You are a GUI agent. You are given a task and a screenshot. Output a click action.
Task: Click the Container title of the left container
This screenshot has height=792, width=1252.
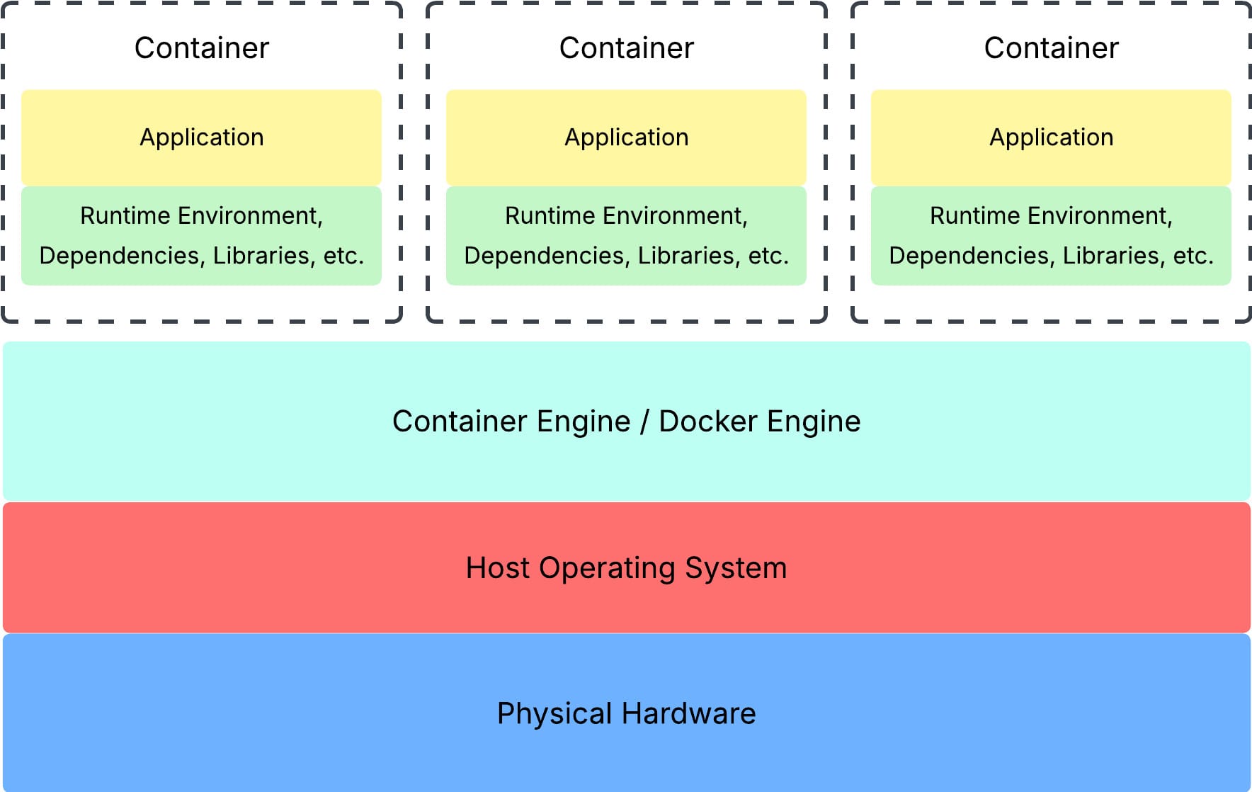coord(202,48)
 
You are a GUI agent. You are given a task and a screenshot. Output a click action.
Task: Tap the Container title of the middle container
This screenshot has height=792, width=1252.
coord(627,48)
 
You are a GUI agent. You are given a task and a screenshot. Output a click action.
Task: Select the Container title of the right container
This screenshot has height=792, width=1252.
coord(1052,48)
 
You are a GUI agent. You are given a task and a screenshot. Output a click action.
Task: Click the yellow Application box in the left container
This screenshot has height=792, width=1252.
coord(202,137)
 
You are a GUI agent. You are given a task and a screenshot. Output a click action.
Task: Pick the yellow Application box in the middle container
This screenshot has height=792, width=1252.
coord(627,137)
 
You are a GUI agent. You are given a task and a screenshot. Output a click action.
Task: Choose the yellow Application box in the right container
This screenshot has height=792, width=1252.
coord(1052,137)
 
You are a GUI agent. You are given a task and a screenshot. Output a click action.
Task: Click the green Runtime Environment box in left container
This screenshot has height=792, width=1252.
coord(202,235)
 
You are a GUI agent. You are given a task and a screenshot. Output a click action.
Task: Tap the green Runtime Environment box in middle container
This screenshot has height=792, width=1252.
coord(627,235)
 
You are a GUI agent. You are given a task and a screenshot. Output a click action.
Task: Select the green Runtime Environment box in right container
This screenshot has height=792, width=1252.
coord(1052,235)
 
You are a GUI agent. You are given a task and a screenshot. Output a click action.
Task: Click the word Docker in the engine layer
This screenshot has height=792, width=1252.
coord(708,422)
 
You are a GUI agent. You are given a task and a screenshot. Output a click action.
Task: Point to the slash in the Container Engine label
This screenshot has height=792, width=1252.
coord(644,422)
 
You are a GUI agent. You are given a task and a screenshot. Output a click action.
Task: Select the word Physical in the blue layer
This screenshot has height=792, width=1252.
coord(554,714)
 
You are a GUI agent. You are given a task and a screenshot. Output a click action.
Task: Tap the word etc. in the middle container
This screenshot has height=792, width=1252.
coord(768,256)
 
